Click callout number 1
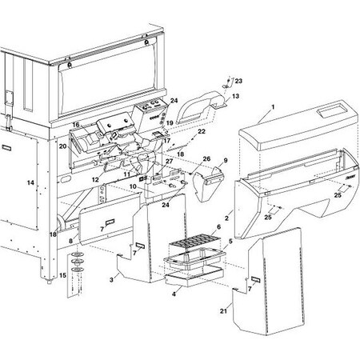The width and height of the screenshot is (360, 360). pos(273,107)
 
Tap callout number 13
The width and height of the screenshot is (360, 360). pos(235,96)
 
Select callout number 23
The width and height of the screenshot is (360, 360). pos(238,81)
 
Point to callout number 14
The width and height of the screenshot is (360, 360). pos(30,182)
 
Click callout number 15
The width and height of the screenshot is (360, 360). pos(62,275)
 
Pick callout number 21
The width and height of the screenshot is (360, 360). pos(223,311)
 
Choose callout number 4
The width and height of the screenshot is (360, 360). pos(174,294)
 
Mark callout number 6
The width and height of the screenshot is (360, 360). pos(218,227)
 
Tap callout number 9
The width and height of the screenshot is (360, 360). pos(226,161)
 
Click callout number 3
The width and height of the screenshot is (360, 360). pos(111,280)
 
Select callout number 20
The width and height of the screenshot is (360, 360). pos(62,146)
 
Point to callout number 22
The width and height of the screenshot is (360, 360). pos(202,131)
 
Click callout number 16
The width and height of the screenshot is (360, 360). pos(76,125)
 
